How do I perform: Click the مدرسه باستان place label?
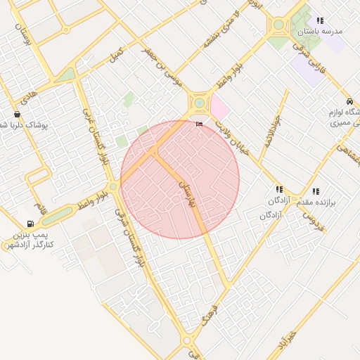[x=319, y=32]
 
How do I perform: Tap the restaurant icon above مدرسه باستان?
[x=321, y=20]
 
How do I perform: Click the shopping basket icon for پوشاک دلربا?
[x=17, y=114]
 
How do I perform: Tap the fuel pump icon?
[x=30, y=224]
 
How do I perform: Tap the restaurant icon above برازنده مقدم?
[x=316, y=191]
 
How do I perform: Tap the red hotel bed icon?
[x=199, y=124]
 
